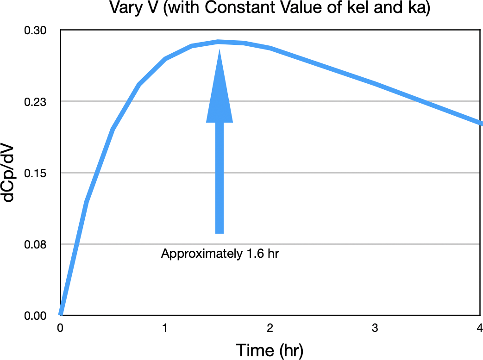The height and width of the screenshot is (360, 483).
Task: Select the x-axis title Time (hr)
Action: pyautogui.click(x=270, y=350)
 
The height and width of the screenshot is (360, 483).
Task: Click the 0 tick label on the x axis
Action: pyautogui.click(x=60, y=328)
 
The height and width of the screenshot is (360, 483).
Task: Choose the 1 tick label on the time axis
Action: pyautogui.click(x=165, y=328)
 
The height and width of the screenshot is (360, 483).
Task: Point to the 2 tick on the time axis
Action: pyautogui.click(x=270, y=328)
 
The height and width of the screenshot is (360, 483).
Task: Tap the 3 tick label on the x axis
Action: pyautogui.click(x=375, y=328)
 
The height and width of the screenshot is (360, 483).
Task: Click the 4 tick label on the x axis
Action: pyautogui.click(x=479, y=328)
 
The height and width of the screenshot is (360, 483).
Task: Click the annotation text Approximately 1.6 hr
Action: pyautogui.click(x=220, y=254)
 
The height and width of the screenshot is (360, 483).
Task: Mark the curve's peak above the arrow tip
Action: pyautogui.click(x=218, y=42)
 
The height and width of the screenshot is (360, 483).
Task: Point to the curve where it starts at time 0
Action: pyautogui.click(x=61, y=314)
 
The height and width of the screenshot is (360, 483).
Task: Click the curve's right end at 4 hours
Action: pyautogui.click(x=480, y=123)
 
